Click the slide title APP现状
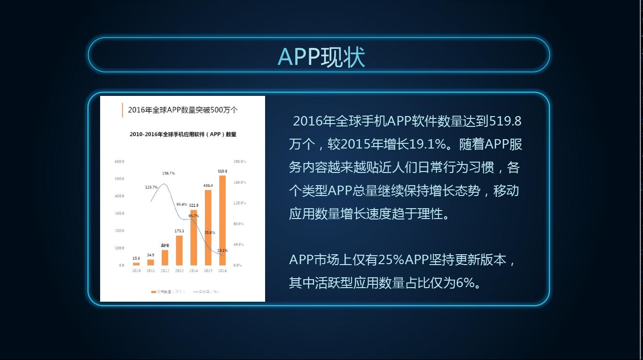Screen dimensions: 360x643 [321, 57]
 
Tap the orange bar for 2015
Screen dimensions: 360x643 [208, 227]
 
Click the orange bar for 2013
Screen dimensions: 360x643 [179, 250]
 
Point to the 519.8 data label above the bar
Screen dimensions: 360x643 [222, 171]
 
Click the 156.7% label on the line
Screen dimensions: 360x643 [168, 173]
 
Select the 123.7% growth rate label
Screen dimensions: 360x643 [151, 187]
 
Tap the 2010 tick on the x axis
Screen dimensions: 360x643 [136, 271]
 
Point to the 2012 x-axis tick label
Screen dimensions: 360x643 [165, 271]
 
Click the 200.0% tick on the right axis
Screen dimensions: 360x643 [240, 161]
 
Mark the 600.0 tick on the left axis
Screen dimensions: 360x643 [119, 161]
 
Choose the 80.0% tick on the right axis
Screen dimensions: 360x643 [239, 224]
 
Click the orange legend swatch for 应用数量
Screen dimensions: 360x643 [153, 292]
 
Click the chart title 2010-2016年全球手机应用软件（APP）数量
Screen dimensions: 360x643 [183, 134]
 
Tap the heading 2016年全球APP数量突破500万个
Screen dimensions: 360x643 [183, 110]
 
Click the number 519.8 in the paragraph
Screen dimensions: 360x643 [505, 121]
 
